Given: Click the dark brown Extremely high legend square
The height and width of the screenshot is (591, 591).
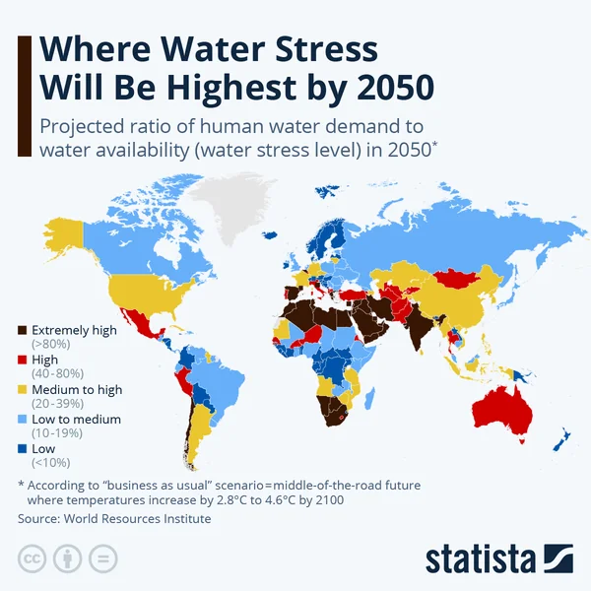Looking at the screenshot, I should click(x=23, y=331).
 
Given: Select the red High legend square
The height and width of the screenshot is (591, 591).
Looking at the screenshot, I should click(x=23, y=361).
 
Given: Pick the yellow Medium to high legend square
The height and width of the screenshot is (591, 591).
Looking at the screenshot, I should click(x=23, y=390).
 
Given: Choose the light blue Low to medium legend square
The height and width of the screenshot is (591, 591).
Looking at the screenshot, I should click(x=23, y=420).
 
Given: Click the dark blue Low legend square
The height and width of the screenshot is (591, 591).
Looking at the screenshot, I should click(x=23, y=449).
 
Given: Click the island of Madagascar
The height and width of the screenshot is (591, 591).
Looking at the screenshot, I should click(x=370, y=397).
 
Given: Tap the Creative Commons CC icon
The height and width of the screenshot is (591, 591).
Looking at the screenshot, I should click(x=33, y=559).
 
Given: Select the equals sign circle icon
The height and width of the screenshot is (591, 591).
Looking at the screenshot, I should click(x=101, y=559).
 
